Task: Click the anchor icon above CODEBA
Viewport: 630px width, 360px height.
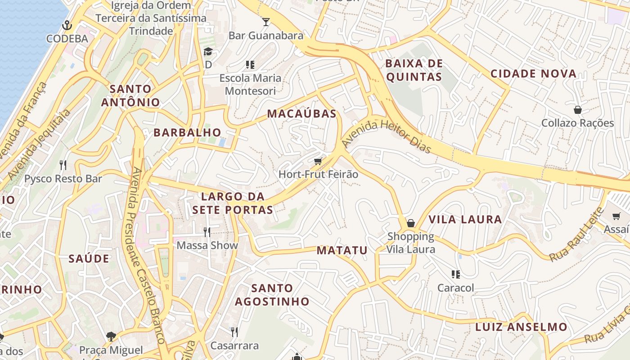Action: [x=67, y=25]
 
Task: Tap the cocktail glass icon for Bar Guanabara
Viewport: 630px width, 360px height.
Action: [x=266, y=21]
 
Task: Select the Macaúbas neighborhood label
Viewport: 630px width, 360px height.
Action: [x=301, y=113]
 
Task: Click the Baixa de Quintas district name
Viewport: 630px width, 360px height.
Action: [x=414, y=70]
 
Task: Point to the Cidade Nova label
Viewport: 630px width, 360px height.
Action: [x=533, y=73]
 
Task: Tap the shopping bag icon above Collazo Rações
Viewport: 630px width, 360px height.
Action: [x=578, y=109]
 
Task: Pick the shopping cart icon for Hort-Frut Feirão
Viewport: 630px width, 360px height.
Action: [x=318, y=161]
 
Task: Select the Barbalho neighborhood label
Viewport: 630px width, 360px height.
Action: [x=187, y=132]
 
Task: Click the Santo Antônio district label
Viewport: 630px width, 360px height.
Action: [x=130, y=95]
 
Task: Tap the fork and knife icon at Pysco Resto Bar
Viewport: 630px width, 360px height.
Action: [x=63, y=165]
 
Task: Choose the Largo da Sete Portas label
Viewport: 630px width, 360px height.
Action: [x=232, y=203]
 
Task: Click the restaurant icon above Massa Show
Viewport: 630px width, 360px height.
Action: [x=207, y=232]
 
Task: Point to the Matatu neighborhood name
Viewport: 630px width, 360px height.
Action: [x=342, y=250]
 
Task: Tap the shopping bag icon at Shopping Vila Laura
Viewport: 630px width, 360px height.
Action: [x=411, y=223]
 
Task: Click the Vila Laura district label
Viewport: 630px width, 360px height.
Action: [x=465, y=219]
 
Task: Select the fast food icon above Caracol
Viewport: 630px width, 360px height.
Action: [x=456, y=274]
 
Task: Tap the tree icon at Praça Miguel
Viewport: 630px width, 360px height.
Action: [x=111, y=336]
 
